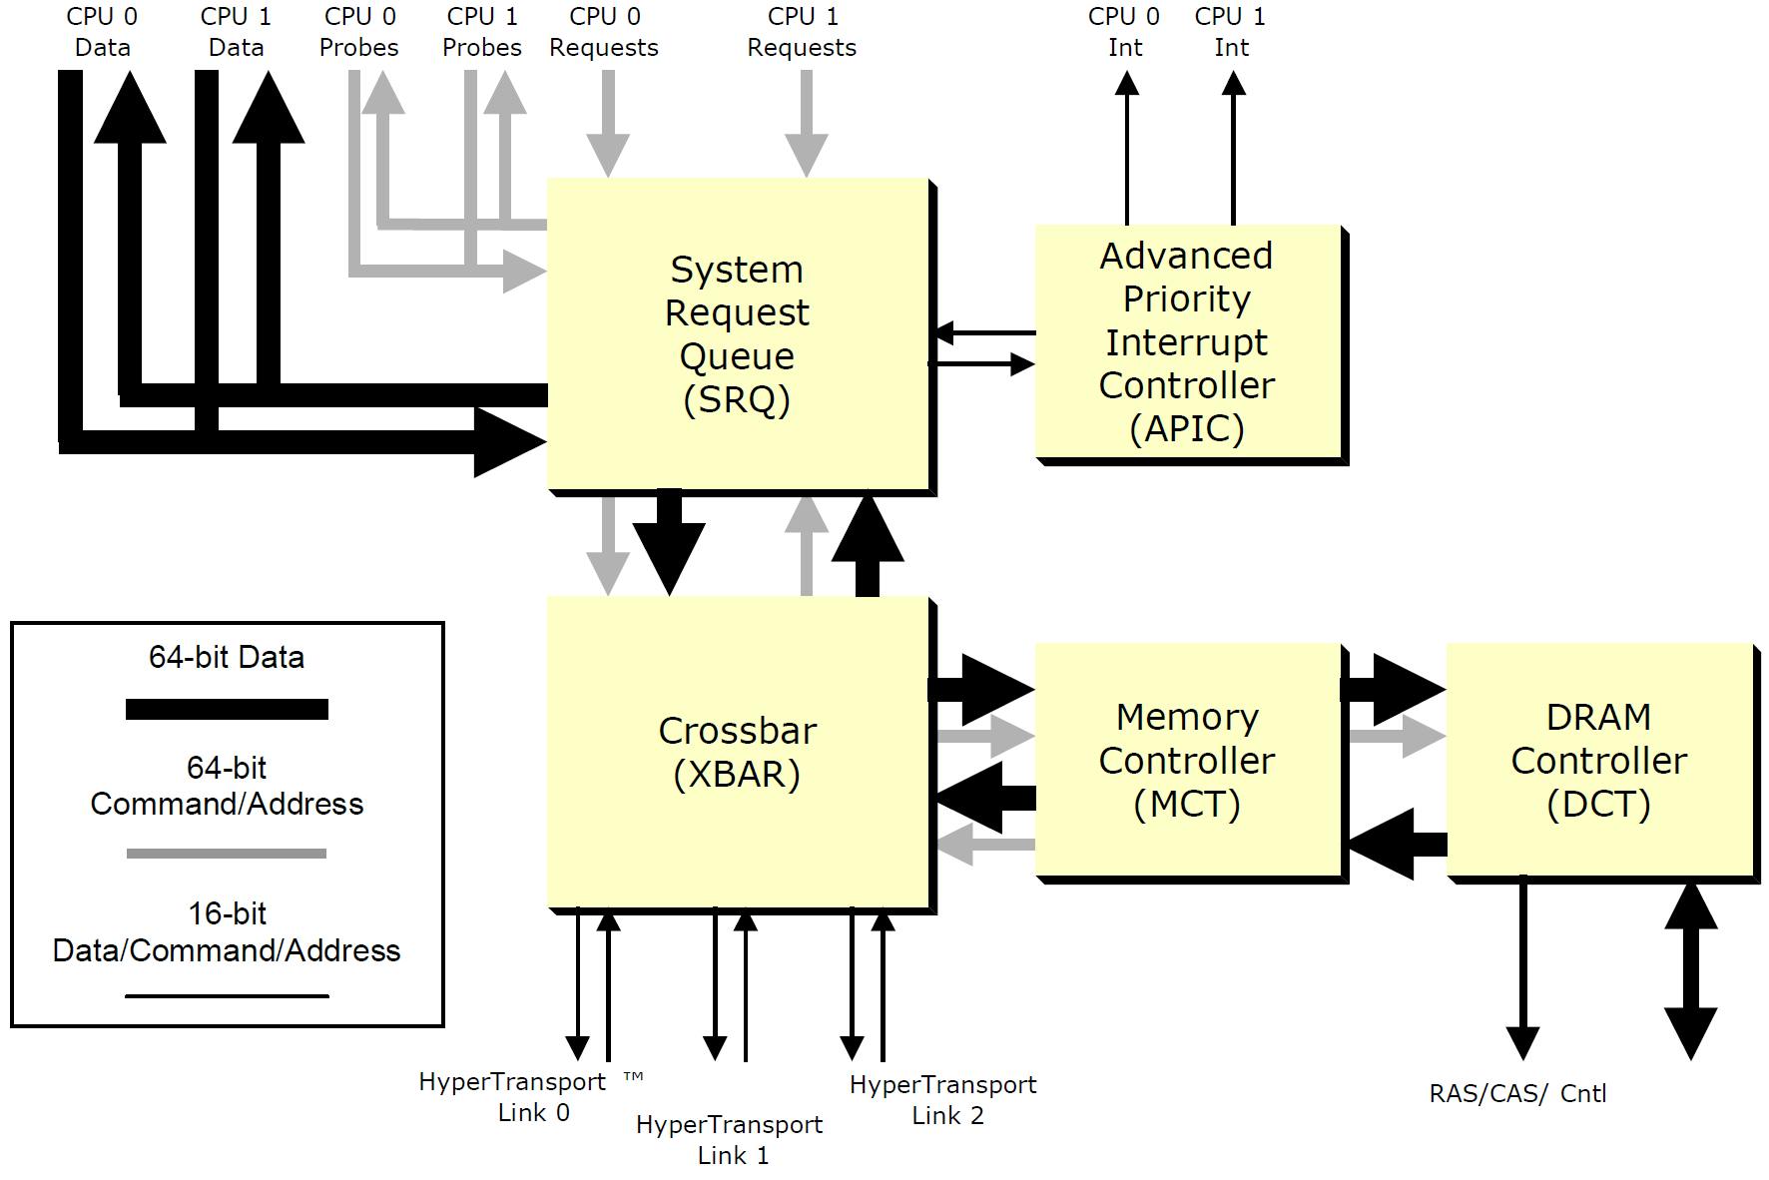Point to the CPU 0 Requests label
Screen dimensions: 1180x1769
[x=604, y=32]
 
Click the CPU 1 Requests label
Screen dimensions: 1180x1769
[x=802, y=32]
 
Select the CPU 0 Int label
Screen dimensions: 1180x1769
[x=1124, y=32]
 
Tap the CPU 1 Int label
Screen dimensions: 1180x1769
[x=1230, y=32]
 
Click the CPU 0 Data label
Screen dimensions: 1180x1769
[x=102, y=32]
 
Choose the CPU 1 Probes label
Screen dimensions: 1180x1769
[x=482, y=32]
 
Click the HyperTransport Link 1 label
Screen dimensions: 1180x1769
[x=730, y=1139]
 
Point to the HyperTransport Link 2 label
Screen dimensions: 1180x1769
[x=943, y=1099]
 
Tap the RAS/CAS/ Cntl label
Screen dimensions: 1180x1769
[x=1517, y=1093]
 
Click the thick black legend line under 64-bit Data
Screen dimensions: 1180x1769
[x=227, y=709]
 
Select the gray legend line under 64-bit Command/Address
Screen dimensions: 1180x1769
[x=227, y=854]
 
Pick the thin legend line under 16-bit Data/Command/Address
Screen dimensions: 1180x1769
[x=227, y=995]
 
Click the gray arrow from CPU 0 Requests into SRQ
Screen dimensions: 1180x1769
[x=607, y=125]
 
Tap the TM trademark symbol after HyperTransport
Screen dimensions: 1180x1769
[x=633, y=1077]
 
